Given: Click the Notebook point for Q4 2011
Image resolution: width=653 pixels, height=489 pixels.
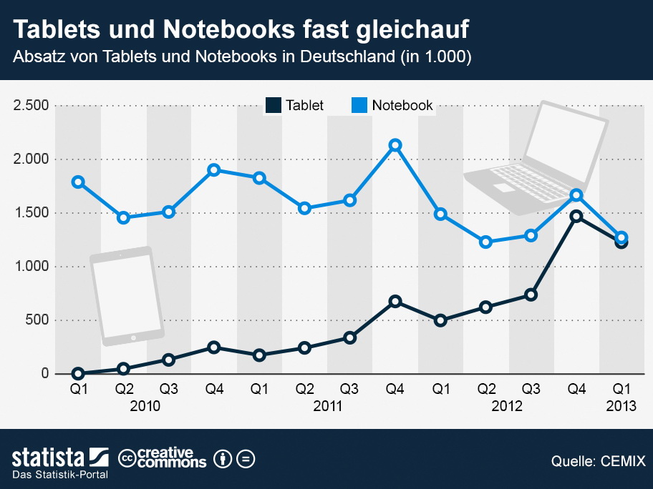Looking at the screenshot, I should (x=395, y=145).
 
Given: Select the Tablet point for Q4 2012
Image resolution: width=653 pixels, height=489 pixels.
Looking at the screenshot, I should (x=576, y=216).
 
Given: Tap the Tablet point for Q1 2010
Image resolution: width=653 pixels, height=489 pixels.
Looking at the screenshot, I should (x=78, y=373).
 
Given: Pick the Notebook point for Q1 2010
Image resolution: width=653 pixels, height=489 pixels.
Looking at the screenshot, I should (x=78, y=182).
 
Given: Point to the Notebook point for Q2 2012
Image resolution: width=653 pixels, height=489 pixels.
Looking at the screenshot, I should (x=486, y=242).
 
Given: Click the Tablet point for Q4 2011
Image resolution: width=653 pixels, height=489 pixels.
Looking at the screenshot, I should (x=395, y=302).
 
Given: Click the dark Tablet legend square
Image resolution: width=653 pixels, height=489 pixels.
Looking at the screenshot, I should (x=273, y=105).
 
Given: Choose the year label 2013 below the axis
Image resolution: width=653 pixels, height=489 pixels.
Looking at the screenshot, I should (x=621, y=406).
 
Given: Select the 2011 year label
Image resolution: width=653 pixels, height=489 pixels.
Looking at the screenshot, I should (x=327, y=406).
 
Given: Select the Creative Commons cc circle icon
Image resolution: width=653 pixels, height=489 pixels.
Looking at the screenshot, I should (x=127, y=458).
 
